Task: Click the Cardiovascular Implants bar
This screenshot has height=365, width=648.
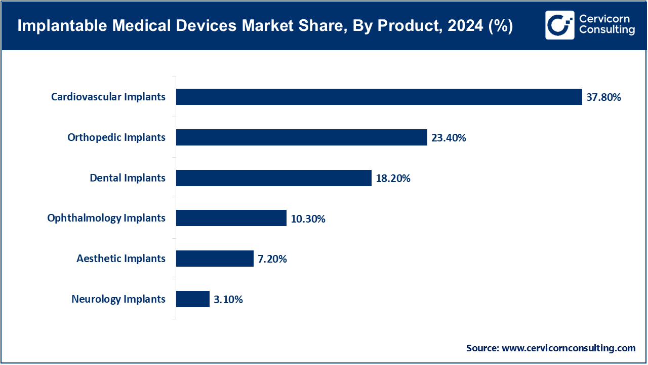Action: click(379, 97)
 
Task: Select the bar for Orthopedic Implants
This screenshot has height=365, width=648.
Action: click(301, 137)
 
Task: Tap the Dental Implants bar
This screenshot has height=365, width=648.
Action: click(273, 178)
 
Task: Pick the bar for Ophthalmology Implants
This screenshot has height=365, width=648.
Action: click(231, 218)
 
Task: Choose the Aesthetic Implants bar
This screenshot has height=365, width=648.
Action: click(215, 259)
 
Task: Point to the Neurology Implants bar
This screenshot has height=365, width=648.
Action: click(192, 299)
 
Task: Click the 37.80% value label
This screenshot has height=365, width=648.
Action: click(603, 97)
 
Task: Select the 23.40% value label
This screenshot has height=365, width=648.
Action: click(449, 137)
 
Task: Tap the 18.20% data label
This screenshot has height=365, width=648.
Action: click(393, 178)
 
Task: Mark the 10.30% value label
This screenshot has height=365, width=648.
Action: click(308, 218)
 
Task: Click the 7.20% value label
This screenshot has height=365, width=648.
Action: click(272, 259)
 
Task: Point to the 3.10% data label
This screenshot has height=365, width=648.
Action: click(228, 300)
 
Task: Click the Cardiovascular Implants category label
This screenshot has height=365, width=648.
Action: click(108, 97)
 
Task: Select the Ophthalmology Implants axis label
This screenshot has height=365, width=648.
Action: click(106, 218)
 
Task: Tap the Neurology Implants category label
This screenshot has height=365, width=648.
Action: click(118, 299)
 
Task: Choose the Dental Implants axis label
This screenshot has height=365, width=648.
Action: click(128, 178)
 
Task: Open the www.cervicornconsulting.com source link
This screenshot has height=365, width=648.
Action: click(569, 348)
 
